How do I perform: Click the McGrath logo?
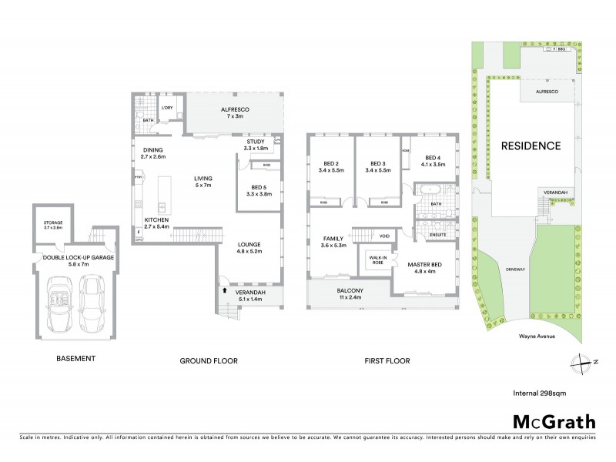tap(554, 421)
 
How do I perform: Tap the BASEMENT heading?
tap(76, 359)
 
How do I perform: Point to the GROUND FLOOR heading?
tap(209, 360)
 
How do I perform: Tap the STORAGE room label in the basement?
tap(53, 226)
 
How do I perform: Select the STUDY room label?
tap(256, 146)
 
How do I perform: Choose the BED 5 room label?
tap(258, 192)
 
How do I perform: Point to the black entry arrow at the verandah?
tap(224, 291)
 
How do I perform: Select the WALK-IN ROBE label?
tap(377, 260)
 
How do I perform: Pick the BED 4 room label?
tap(432, 161)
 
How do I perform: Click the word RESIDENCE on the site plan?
tap(531, 146)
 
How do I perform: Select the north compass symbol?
tap(580, 362)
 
